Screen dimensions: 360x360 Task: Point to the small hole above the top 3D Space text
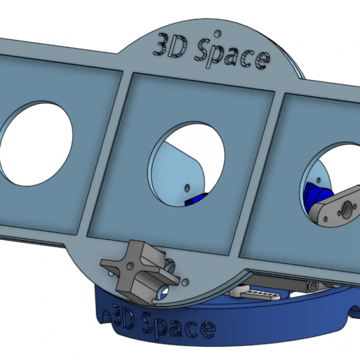[x=216, y=33]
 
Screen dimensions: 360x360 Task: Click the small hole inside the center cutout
[x=187, y=188]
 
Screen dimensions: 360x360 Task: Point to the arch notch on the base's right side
[x=353, y=312]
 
